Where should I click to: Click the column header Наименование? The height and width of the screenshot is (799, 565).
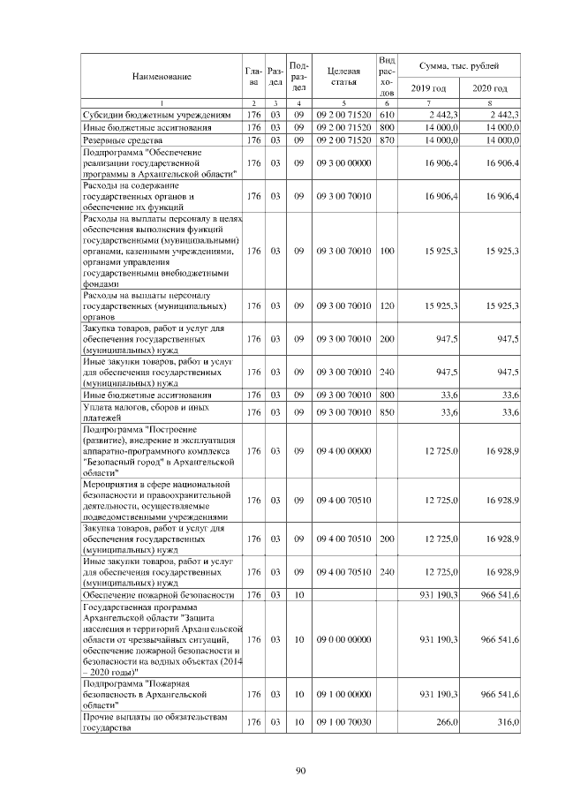[x=162, y=77]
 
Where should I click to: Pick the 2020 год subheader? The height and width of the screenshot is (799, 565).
[x=490, y=89]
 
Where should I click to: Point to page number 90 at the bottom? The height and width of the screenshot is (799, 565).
[x=299, y=771]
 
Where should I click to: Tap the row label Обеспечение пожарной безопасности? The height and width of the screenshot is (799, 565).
[x=158, y=595]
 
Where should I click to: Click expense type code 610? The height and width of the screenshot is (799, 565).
[x=386, y=115]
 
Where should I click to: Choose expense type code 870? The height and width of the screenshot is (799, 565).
[x=386, y=139]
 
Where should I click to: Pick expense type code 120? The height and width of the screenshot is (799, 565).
[x=386, y=305]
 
